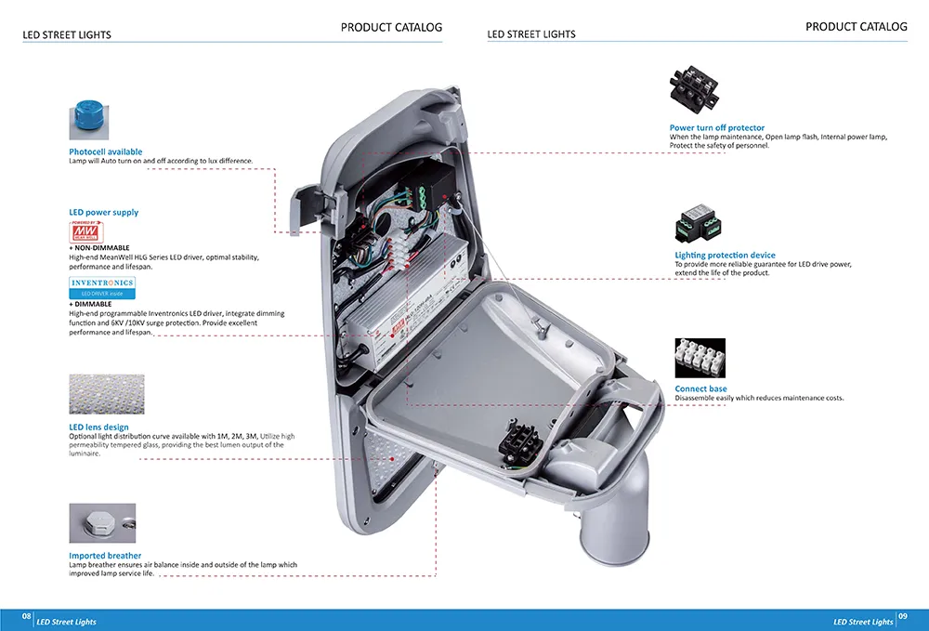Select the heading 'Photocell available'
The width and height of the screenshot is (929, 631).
pos(106,151)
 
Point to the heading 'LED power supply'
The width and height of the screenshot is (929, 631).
pos(103,213)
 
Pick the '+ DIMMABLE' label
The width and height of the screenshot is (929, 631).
pos(90,304)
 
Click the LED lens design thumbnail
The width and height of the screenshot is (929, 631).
pos(107,395)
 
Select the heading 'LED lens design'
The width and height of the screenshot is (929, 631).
pos(98,427)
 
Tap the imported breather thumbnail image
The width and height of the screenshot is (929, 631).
pos(102,523)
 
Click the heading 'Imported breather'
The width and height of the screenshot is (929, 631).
pos(105,556)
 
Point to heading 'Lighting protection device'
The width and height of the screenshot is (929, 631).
pos(725,255)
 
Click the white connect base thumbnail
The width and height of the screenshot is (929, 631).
pos(700,358)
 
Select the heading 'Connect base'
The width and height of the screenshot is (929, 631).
pos(700,388)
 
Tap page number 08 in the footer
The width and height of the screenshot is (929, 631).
pos(27,616)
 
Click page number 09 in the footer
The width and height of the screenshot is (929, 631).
pos(902,616)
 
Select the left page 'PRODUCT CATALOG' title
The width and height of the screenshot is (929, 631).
pos(391,27)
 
